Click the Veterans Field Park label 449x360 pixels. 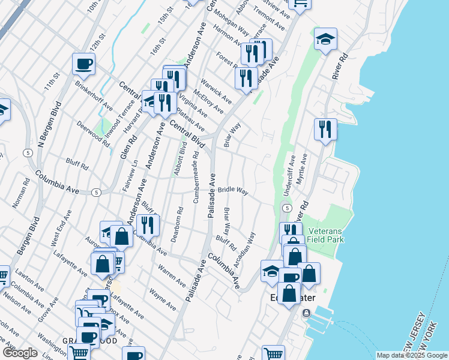[x=325, y=235]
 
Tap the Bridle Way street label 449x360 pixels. [x=233, y=190]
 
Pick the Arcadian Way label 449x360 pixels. [x=245, y=249]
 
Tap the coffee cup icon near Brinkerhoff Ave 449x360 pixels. [x=83, y=63]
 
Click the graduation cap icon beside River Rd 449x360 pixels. [x=325, y=39]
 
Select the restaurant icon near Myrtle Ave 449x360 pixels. [x=325, y=129]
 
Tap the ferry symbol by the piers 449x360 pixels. [x=307, y=313]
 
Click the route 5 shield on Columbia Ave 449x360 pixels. [x=96, y=193]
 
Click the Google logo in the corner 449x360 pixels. [x=20, y=353]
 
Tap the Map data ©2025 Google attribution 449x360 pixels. [x=412, y=355]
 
